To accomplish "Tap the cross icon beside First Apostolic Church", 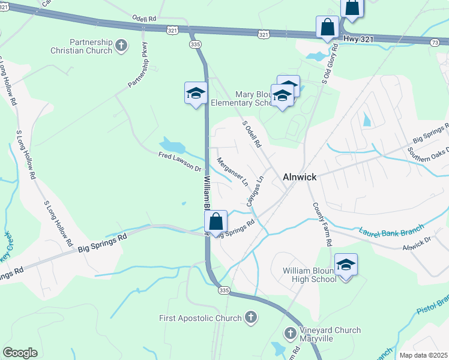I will pyautogui.click(x=252, y=317).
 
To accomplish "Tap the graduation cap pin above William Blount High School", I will pyautogui.click(x=346, y=264).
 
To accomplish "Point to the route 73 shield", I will pyautogui.click(x=435, y=41).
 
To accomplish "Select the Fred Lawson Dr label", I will pyautogui.click(x=179, y=162).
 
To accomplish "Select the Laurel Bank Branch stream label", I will pyautogui.click(x=391, y=229).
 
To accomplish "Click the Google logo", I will pyautogui.click(x=20, y=352).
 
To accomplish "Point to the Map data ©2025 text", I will pyautogui.click(x=423, y=355).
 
